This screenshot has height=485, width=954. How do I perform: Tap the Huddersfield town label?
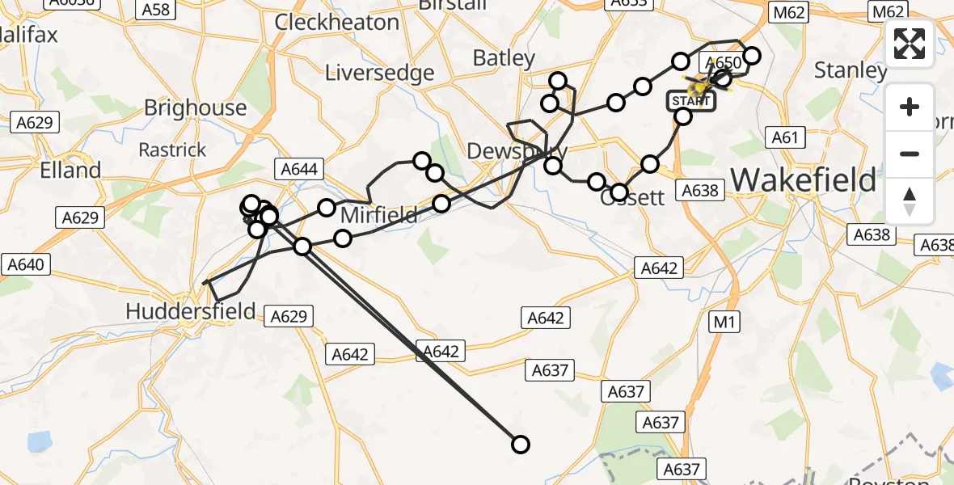[191, 310]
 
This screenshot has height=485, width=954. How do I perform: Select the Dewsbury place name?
[517, 152]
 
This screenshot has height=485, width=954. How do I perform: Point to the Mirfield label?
[379, 215]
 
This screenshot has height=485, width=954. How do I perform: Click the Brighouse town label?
[195, 108]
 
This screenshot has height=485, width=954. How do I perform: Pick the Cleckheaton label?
[336, 22]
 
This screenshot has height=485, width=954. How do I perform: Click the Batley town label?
[504, 58]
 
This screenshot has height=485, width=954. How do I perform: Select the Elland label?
[71, 171]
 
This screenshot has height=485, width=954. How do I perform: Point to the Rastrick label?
[172, 150]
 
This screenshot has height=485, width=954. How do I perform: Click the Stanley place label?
[851, 70]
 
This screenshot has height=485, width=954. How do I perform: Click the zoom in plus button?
[910, 107]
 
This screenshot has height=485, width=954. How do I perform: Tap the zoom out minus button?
[910, 154]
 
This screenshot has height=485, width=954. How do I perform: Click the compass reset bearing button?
[910, 200]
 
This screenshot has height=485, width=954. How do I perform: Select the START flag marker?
[691, 101]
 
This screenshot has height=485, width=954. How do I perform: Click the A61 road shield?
[784, 137]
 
